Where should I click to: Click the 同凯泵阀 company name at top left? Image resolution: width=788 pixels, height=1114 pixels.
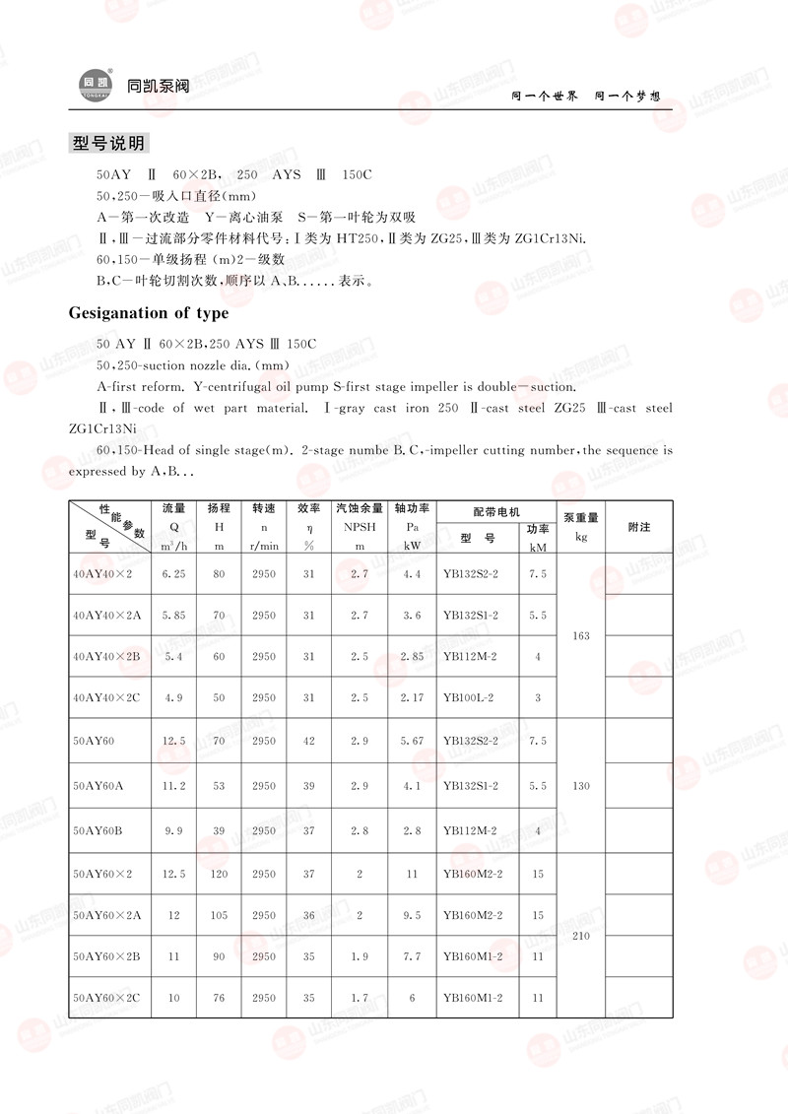click(x=158, y=86)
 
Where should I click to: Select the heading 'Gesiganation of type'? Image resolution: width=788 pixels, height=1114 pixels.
click(x=149, y=313)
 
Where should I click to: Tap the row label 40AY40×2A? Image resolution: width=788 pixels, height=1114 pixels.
click(x=107, y=616)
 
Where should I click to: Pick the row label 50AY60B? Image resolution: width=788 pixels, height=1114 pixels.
click(x=98, y=830)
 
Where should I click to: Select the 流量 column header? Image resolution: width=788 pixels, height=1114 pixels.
click(x=173, y=509)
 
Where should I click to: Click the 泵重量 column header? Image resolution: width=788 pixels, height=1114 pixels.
click(x=581, y=518)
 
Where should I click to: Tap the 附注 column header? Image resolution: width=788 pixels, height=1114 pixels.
click(x=639, y=528)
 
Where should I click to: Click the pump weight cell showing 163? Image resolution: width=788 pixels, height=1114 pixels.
click(x=581, y=635)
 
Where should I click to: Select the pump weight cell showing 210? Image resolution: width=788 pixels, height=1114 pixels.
click(x=581, y=936)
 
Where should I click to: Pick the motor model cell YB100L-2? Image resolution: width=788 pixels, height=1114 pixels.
click(x=469, y=697)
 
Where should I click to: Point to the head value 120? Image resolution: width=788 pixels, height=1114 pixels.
click(x=219, y=874)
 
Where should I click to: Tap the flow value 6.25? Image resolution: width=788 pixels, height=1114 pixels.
click(x=173, y=573)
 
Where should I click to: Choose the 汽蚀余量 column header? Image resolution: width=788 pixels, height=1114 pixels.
click(x=360, y=509)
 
